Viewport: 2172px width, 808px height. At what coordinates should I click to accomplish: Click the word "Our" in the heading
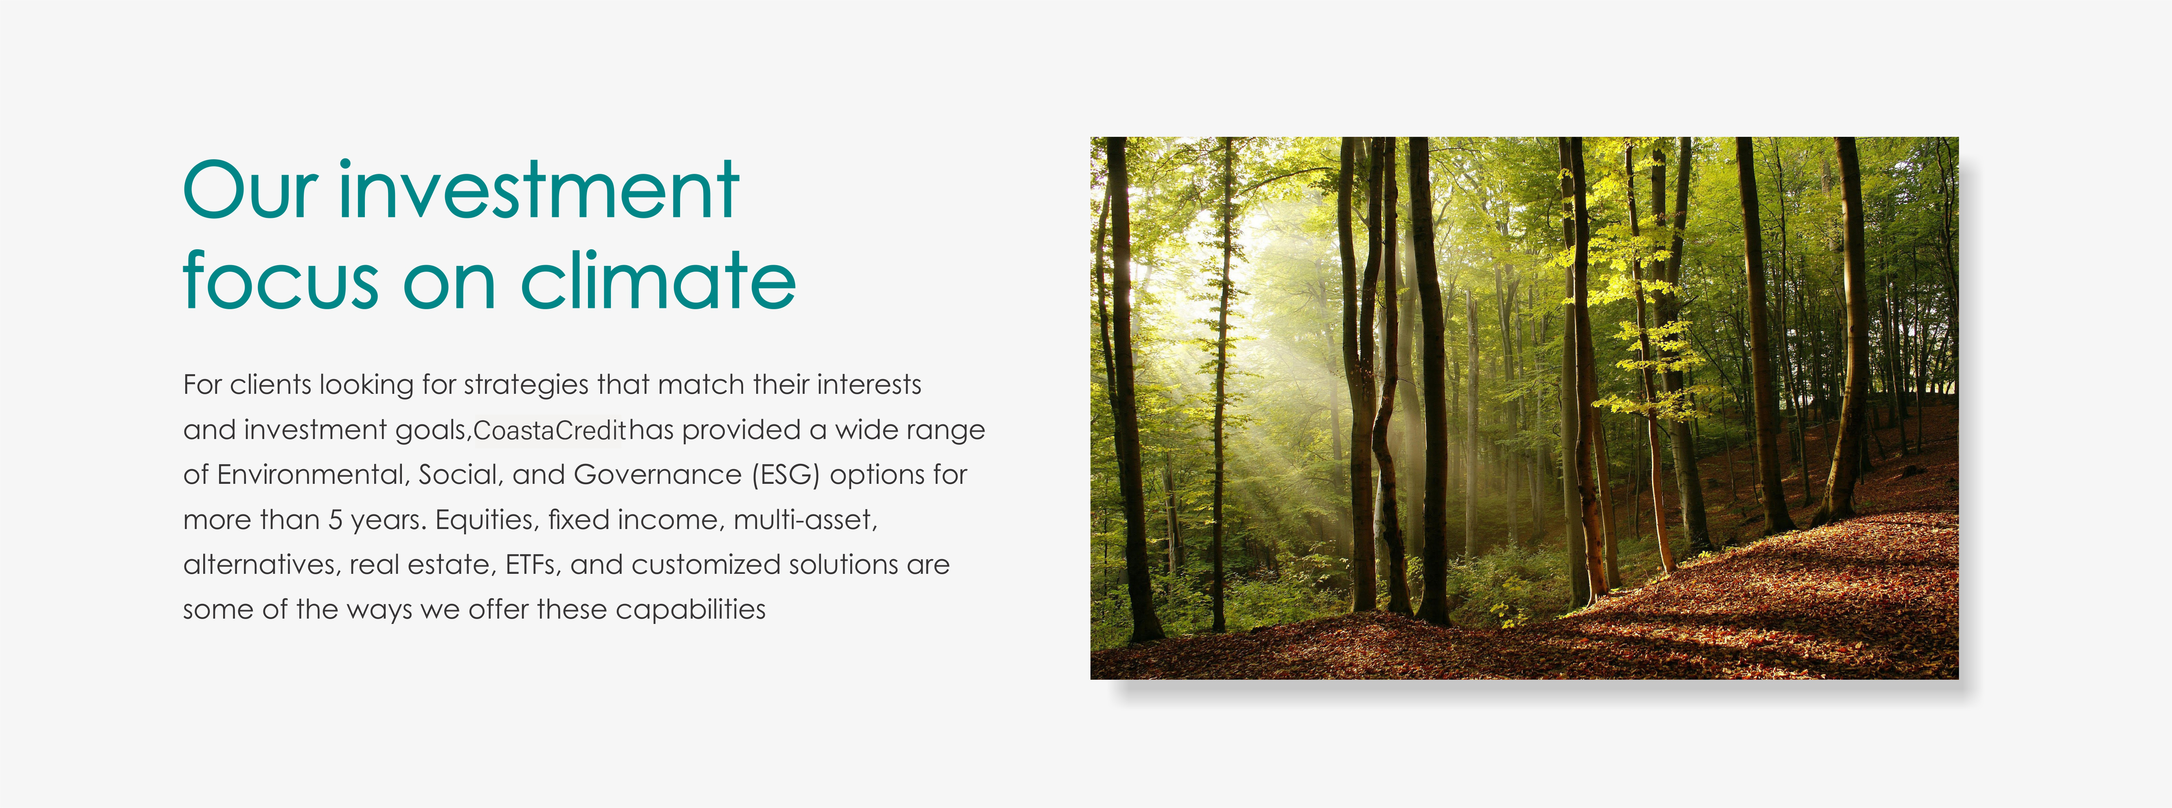point(250,190)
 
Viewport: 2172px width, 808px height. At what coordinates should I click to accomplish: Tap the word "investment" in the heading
point(540,190)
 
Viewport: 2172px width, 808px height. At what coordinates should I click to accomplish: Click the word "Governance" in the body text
point(658,475)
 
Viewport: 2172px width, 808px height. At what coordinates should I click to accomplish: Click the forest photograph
point(1525,408)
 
